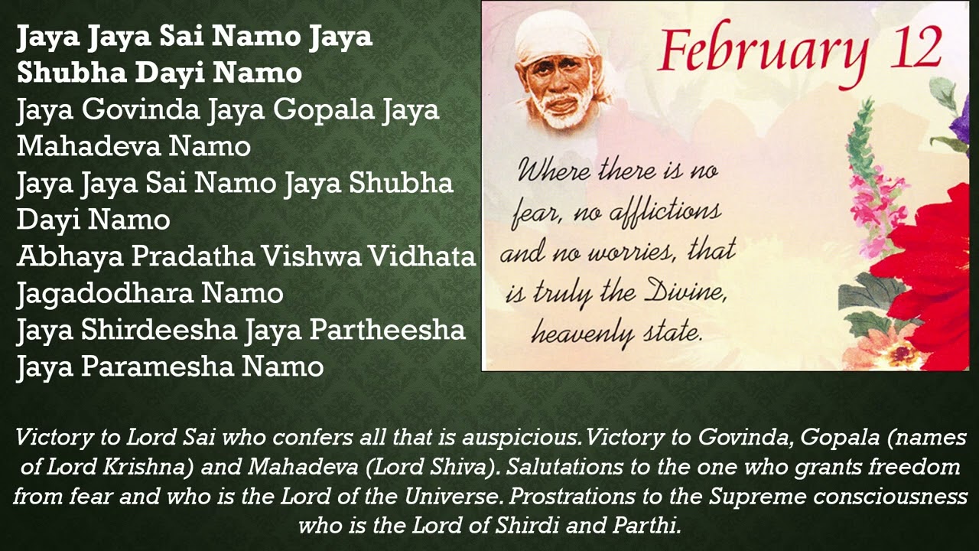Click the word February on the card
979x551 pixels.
click(763, 51)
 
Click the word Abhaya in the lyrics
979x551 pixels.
click(70, 256)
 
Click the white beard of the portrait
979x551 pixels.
click(566, 111)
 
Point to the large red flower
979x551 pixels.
click(933, 260)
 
